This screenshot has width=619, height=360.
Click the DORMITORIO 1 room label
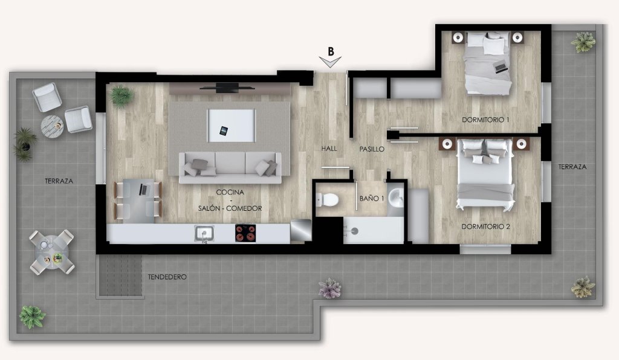click(x=485, y=120)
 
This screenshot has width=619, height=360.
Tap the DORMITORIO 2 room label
click(x=485, y=227)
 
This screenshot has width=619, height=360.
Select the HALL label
click(x=329, y=148)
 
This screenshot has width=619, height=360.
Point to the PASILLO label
click(x=372, y=149)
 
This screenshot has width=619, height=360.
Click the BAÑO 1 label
click(x=372, y=198)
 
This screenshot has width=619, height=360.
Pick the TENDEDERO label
click(x=167, y=277)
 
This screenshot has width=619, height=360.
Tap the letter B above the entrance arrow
click(x=331, y=51)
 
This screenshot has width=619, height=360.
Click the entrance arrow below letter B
click(x=330, y=62)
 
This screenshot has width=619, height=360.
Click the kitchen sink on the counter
click(x=204, y=233)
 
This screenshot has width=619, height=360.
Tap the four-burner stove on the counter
click(x=245, y=233)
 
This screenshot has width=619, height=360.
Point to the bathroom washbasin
click(x=395, y=197)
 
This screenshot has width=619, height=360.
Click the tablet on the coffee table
click(x=224, y=130)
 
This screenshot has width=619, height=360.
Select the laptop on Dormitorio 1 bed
click(x=501, y=68)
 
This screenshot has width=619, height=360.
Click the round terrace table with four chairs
click(x=52, y=252)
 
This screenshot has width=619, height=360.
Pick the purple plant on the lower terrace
click(x=329, y=289)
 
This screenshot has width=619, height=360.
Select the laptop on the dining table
click(x=144, y=190)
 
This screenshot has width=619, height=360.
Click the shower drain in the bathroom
click(x=354, y=231)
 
